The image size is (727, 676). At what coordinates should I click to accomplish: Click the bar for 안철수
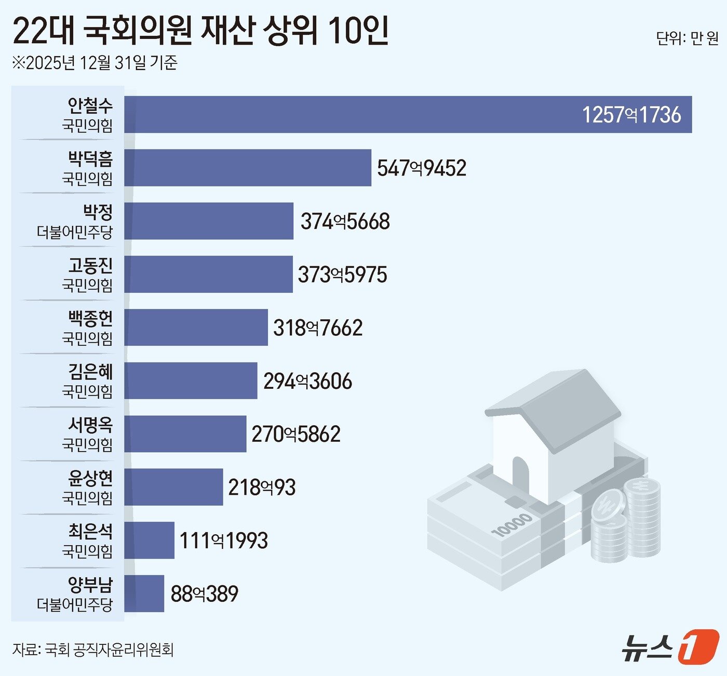[408, 114]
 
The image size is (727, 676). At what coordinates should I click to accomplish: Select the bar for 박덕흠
[248, 168]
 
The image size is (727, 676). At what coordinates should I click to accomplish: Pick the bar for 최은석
[149, 540]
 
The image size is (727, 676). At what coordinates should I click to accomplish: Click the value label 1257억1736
[631, 115]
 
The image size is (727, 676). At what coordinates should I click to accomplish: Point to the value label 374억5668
[345, 222]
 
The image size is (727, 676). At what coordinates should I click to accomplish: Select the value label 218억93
[262, 488]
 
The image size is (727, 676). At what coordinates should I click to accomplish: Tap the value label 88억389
[204, 594]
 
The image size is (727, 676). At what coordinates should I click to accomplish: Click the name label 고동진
[90, 266]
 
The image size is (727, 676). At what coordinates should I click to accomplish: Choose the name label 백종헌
[90, 319]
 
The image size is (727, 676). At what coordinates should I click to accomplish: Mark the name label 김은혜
[90, 372]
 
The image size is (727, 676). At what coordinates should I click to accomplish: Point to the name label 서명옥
[90, 425]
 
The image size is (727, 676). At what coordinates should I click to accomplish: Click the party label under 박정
[75, 232]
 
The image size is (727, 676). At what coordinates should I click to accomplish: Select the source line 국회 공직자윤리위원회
[109, 650]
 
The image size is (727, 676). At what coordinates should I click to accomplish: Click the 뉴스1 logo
[670, 646]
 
